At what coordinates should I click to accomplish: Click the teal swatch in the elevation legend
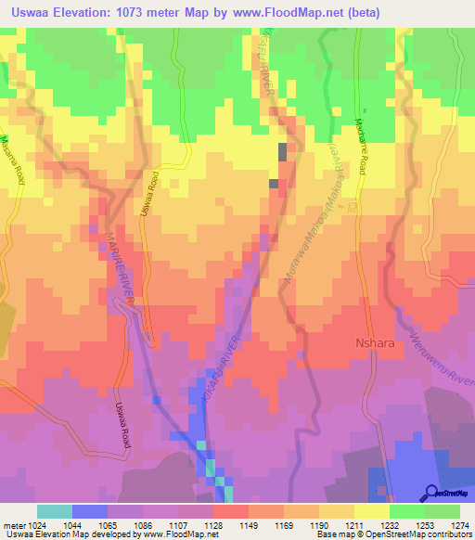(x=55, y=511)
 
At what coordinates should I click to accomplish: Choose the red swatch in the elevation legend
(x=231, y=511)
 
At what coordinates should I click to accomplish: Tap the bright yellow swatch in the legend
(x=372, y=511)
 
